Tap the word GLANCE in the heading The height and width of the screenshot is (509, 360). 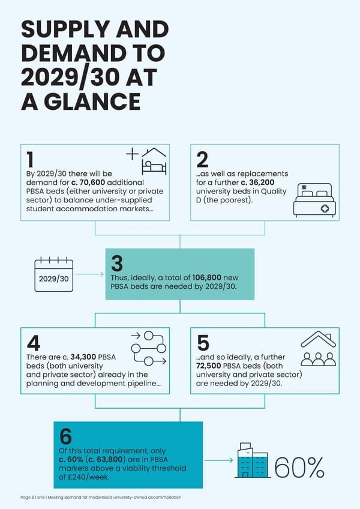92,101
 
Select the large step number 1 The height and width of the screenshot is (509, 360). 30,160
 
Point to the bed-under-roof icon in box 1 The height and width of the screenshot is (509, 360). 154,161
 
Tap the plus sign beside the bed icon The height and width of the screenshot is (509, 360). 132,154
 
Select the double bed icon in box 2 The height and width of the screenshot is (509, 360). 314,200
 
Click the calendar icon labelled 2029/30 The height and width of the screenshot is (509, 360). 54,274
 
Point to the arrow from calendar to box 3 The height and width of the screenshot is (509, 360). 89,274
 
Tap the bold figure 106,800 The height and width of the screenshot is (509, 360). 207,277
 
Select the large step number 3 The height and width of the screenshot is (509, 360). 117,264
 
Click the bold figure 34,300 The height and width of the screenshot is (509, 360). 83,357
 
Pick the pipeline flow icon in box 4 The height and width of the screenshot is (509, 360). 149,348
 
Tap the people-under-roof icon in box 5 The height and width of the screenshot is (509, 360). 319,348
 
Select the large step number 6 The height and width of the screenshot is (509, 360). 65,436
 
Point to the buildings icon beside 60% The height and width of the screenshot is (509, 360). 253,460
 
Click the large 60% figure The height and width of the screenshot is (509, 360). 299,468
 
